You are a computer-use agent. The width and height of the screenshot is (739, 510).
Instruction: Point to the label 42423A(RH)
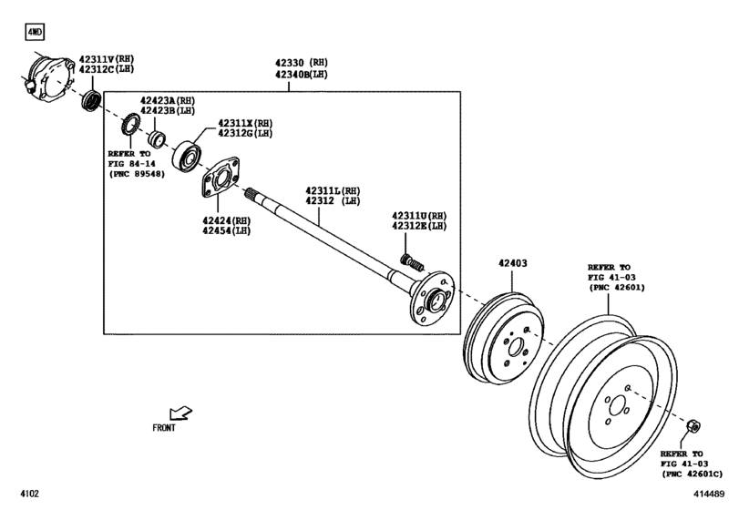[167, 101]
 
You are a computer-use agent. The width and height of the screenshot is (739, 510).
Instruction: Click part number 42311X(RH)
[243, 123]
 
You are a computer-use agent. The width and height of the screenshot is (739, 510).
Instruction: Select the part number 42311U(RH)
[419, 215]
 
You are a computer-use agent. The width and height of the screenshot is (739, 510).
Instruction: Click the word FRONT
[165, 426]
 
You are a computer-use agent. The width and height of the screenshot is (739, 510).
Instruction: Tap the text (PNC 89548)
[137, 174]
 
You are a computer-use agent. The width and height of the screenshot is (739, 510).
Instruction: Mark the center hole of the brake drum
[513, 347]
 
